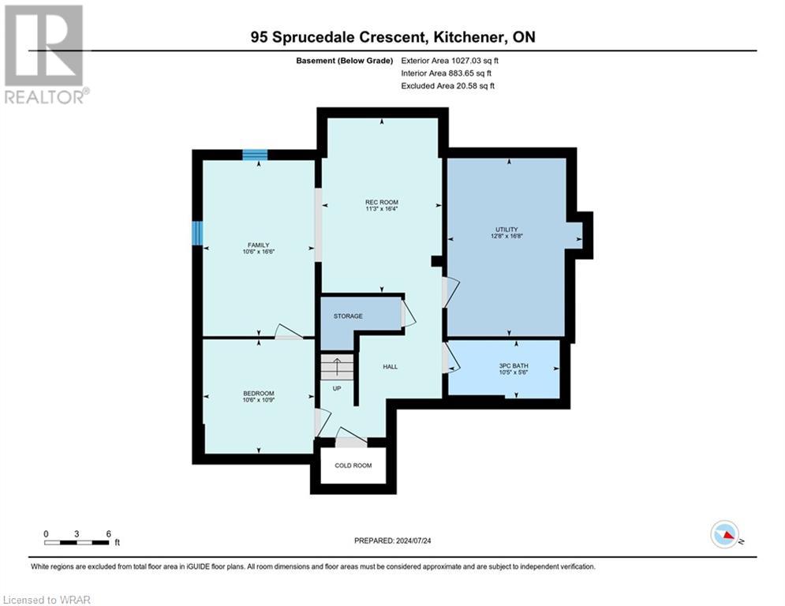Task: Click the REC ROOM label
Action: (x=381, y=203)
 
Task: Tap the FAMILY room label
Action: (x=259, y=245)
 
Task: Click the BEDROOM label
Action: (x=259, y=394)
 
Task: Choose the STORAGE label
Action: (x=348, y=316)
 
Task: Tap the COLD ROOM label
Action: (x=353, y=466)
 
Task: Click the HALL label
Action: (x=391, y=367)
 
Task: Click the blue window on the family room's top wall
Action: (x=255, y=155)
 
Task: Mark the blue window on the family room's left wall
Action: (x=197, y=233)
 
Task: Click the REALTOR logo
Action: (x=45, y=54)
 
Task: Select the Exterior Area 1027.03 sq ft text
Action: (x=450, y=60)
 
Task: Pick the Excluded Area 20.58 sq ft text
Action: (x=447, y=86)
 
